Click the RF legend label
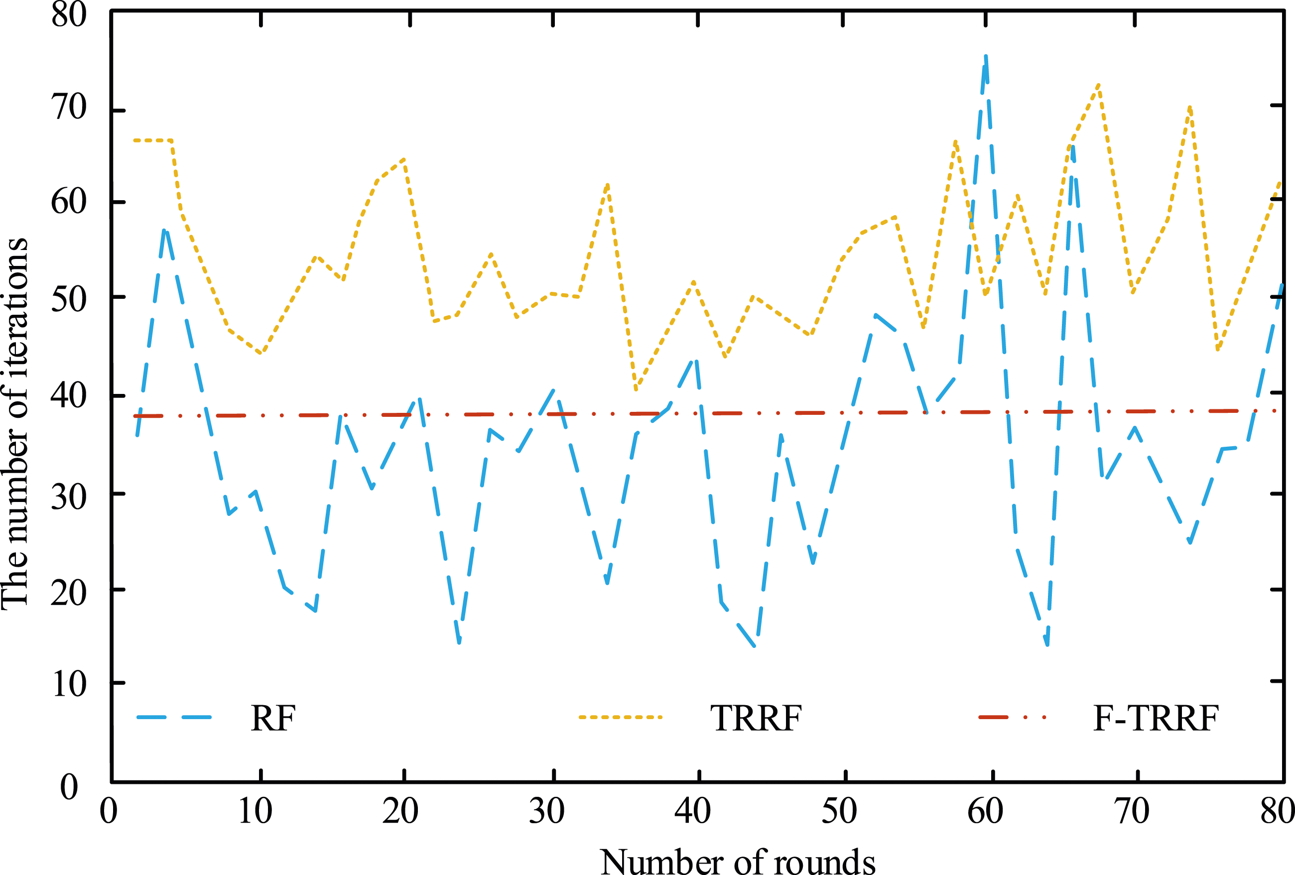[273, 719]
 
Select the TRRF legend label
[756, 719]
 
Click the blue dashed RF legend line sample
[174, 717]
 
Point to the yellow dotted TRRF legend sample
[620, 717]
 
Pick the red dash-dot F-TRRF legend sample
[1013, 717]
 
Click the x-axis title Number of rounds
[738, 862]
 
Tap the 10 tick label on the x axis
[255, 811]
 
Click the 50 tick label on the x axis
[839, 811]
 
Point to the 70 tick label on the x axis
[1132, 811]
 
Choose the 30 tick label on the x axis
[547, 811]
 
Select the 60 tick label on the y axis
[69, 202]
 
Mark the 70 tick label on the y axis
[69, 107]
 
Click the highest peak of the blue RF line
[986, 56]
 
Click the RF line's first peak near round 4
[164, 230]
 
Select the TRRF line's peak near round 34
[607, 184]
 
